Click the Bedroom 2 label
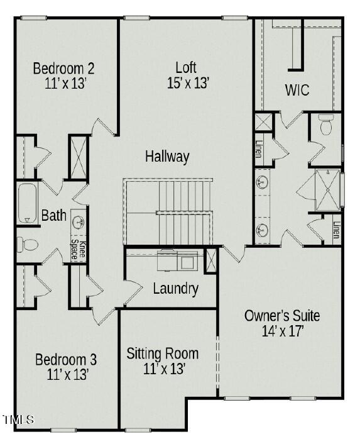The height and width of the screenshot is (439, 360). (63, 68)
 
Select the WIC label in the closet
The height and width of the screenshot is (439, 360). (297, 90)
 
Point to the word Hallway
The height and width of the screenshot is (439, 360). (167, 157)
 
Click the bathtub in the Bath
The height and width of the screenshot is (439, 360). (26, 203)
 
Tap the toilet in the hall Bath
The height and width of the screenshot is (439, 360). (27, 243)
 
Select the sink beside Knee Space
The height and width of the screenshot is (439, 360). (79, 221)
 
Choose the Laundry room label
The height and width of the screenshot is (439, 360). (175, 289)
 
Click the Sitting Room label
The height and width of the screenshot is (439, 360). (162, 353)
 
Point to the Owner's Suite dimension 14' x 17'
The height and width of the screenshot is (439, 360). (282, 331)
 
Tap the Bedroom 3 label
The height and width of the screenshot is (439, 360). (65, 360)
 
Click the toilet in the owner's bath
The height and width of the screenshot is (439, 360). (325, 125)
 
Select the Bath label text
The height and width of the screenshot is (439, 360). (53, 216)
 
